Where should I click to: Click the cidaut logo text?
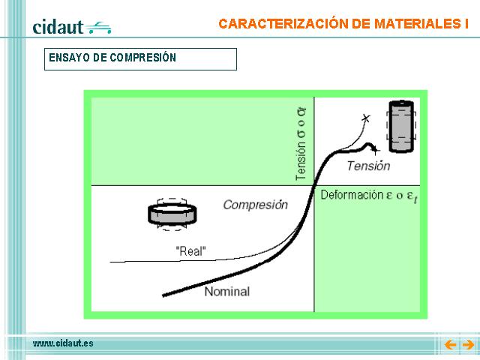coord(58,27)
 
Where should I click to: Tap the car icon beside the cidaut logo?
coord(98,28)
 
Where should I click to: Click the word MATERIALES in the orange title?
coord(417,24)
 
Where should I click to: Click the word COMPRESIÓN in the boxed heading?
coord(143,57)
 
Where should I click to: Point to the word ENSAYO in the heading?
coord(70,58)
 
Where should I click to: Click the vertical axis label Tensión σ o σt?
coord(301,144)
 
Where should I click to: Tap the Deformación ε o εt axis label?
coord(369,196)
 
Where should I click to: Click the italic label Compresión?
coord(256,205)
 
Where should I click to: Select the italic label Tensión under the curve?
coord(368,166)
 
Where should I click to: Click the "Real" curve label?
coord(190,251)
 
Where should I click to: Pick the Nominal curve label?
coord(227,291)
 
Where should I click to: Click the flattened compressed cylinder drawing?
coord(172,214)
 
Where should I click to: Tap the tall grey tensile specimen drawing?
coord(401,126)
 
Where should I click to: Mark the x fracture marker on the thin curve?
coord(365,118)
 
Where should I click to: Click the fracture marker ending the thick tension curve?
coord(375,150)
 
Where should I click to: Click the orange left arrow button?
coord(450,345)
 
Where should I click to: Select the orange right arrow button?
coord(468,345)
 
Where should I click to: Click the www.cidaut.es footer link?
coord(63,343)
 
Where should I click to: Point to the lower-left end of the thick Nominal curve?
coord(163,295)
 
